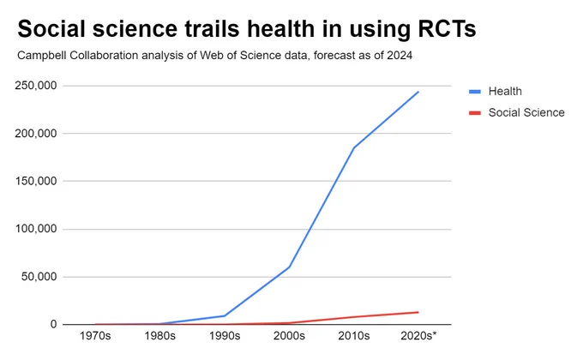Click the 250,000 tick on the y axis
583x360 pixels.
coord(36,86)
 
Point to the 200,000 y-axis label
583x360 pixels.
coord(36,133)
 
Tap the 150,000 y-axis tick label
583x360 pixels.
coord(36,181)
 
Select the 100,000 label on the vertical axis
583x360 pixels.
coord(36,229)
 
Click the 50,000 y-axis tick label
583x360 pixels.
coord(39,277)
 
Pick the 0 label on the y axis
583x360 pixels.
coord(54,324)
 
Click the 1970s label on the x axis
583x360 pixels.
coord(95,336)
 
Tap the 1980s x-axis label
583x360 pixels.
coord(159,336)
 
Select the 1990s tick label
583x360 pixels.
coord(225,336)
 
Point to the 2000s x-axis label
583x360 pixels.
coord(289,336)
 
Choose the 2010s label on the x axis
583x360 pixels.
coord(354,336)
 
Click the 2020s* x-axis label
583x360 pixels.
coord(418,336)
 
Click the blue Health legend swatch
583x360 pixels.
coord(475,92)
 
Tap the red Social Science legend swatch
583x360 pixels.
coord(475,112)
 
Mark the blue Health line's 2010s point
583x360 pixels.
coord(354,147)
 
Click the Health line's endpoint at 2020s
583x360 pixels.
coord(418,92)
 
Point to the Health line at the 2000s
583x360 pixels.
coord(289,267)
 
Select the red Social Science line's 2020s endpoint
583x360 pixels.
coord(418,312)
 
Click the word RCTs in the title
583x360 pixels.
coord(447,29)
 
